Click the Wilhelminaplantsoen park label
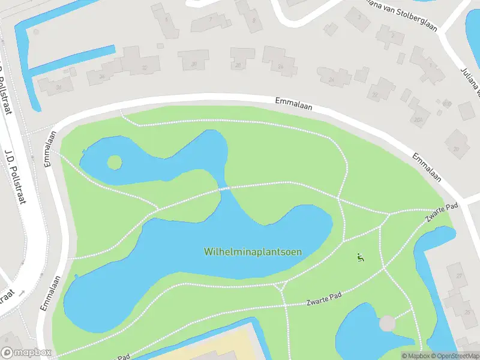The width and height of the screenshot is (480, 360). tap(253, 252)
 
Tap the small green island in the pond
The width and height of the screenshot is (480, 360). tap(114, 162)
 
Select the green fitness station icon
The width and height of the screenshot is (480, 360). tap(360, 258)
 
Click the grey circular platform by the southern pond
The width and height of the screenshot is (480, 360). tap(388, 323)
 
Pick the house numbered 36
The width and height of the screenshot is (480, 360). tap(58, 88)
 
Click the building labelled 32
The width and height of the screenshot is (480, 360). tap(143, 68)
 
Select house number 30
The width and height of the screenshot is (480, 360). tap(193, 64)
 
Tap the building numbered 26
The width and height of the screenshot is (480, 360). tap(280, 66)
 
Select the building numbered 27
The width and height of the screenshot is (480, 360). tap(459, 276)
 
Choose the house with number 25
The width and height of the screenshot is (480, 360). tap(467, 312)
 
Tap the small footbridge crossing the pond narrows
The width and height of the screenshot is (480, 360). tap(224, 189)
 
